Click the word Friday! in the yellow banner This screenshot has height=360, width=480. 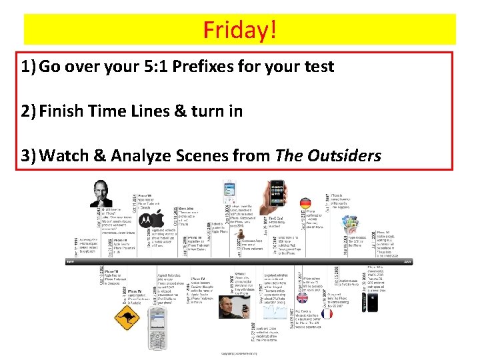click(x=239, y=29)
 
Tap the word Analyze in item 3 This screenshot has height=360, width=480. click(x=143, y=156)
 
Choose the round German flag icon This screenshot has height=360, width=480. click(x=306, y=203)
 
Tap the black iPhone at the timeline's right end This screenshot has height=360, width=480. click(x=373, y=301)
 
